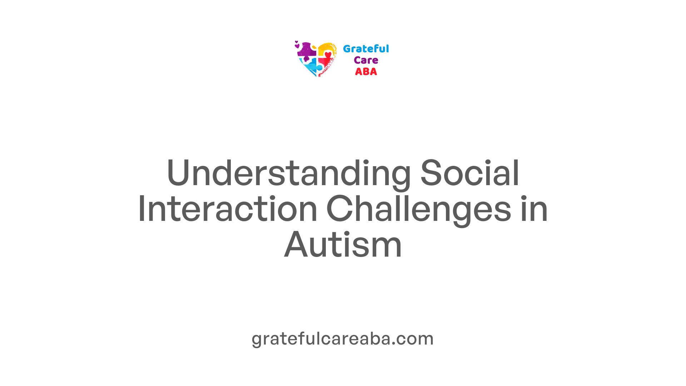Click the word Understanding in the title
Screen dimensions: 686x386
(x=289, y=174)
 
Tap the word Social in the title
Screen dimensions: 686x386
(x=470, y=173)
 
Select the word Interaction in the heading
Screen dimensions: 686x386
(x=228, y=209)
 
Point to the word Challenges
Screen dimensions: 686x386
(x=418, y=211)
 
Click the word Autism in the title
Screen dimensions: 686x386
(x=343, y=245)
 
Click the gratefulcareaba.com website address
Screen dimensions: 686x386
(x=343, y=339)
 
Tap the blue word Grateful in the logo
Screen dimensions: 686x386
(x=366, y=49)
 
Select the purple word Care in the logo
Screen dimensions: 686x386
(x=366, y=60)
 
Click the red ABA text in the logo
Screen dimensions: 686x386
(x=366, y=71)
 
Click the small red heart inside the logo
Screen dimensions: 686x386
(x=328, y=55)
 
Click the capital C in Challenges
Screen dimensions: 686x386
(x=339, y=209)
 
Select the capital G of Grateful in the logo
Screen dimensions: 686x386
(x=347, y=49)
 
